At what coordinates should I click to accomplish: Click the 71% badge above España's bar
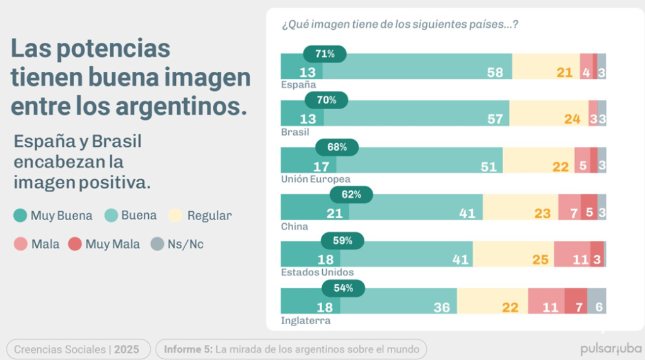click(325, 54)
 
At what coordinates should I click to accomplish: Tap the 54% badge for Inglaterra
click(343, 289)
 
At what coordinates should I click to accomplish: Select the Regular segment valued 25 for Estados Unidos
click(513, 254)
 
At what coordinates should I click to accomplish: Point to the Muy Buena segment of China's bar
click(315, 207)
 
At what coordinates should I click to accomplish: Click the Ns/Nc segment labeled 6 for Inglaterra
click(596, 301)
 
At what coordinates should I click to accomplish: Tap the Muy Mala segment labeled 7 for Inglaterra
click(576, 301)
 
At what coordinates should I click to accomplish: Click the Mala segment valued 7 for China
click(569, 207)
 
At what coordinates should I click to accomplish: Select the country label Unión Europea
click(315, 179)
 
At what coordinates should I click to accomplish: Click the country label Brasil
click(295, 132)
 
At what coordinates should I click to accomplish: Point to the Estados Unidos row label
click(317, 272)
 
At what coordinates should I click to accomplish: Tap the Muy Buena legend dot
click(20, 216)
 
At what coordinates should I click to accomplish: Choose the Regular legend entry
click(201, 216)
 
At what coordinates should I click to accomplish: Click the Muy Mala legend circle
click(75, 244)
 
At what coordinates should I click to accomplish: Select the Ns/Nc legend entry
click(177, 244)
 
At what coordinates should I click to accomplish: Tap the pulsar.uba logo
click(611, 349)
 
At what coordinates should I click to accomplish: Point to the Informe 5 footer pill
click(291, 349)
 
